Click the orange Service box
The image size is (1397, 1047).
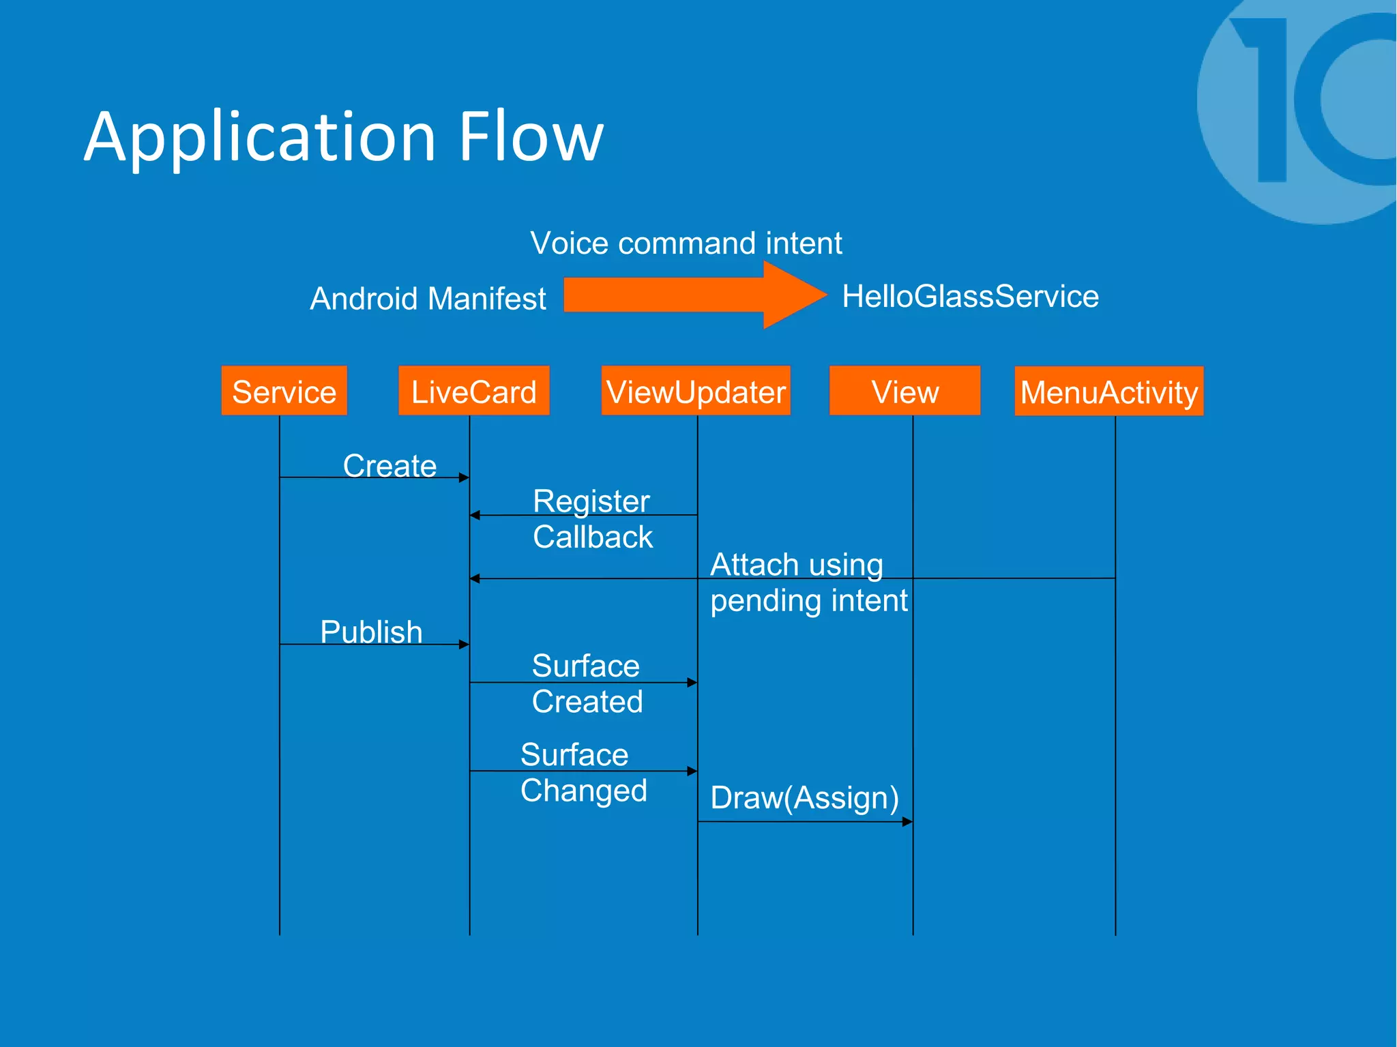tap(284, 391)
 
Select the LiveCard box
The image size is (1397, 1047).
tap(473, 391)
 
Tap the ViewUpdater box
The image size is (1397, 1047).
tap(695, 391)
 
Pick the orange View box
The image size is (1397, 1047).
tap(905, 391)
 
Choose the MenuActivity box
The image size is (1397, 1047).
tap(1108, 392)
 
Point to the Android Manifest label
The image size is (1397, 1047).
tap(428, 299)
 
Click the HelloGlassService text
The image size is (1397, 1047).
tap(970, 296)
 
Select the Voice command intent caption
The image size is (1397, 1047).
tap(686, 243)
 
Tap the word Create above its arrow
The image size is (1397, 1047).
tap(389, 465)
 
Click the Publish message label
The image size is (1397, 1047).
tap(371, 632)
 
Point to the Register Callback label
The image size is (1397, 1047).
tap(592, 519)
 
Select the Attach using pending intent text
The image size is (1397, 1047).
tap(808, 583)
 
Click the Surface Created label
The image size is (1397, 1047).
tap(587, 683)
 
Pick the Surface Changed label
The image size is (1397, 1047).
tap(583, 773)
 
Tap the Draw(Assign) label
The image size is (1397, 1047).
tap(804, 797)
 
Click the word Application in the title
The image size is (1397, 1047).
tap(259, 138)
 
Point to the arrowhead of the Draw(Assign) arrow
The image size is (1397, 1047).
tap(907, 822)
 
